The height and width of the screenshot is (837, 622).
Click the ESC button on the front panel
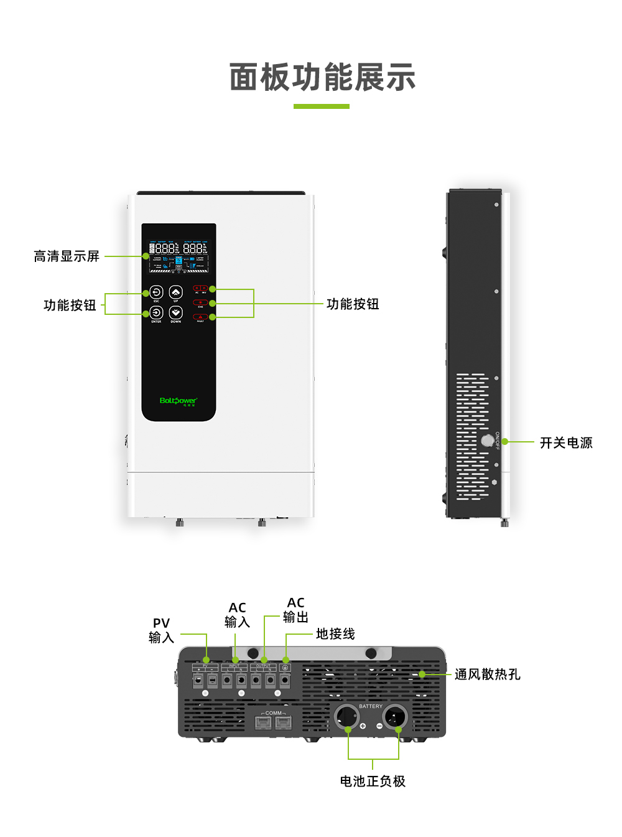tap(156, 292)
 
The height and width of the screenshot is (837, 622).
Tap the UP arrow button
tap(176, 292)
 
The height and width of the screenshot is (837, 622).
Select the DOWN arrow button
tap(176, 313)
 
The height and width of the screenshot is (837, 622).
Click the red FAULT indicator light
tap(200, 317)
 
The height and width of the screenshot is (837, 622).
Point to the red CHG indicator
tap(200, 302)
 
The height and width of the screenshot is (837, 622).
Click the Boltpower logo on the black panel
tap(179, 401)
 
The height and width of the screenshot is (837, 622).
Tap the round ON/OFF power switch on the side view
tap(488, 441)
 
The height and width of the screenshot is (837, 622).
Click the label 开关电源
tap(566, 442)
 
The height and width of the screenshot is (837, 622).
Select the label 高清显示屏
tap(67, 256)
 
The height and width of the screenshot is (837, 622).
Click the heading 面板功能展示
tap(322, 77)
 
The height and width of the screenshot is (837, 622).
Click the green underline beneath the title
tap(321, 106)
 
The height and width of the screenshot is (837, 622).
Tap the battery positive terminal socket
tap(346, 717)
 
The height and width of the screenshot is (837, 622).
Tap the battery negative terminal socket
tap(395, 717)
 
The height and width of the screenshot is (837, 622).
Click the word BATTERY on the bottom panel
tap(371, 706)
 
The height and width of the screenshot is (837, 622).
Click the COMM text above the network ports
tap(273, 713)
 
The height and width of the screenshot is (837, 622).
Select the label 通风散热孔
tap(487, 675)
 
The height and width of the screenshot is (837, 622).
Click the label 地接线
tap(335, 634)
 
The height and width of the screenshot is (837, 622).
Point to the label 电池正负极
tap(373, 781)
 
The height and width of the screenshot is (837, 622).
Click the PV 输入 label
tap(161, 630)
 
